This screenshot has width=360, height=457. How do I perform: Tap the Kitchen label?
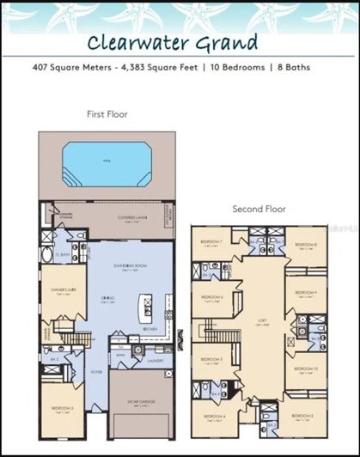tap(125, 329)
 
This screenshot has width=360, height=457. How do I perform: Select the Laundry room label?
tap(155, 361)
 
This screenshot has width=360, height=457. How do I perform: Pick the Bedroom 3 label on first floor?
tap(62, 408)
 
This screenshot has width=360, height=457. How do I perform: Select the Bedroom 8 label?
tap(306, 246)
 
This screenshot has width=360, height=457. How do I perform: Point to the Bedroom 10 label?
tap(306, 369)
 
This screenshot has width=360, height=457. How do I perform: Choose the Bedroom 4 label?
tap(213, 417)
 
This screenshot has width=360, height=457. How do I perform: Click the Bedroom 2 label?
tap(306, 417)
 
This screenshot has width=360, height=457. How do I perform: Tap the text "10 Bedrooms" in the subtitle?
tap(265, 66)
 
